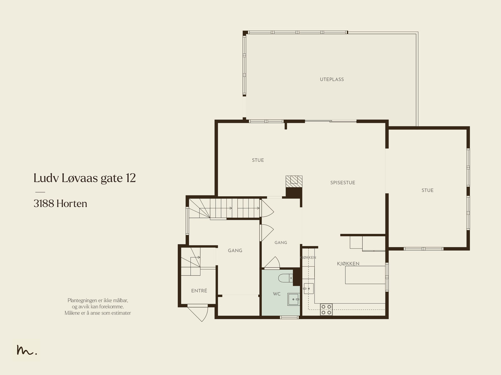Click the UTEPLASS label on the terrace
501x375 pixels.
point(332,80)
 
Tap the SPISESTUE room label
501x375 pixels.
point(343,182)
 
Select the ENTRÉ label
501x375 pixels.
point(199,290)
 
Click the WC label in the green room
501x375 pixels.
point(276,294)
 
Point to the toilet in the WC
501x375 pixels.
point(285,278)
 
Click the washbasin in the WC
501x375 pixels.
point(293,299)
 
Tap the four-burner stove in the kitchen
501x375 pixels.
point(326,310)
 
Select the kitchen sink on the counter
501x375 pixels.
point(308,289)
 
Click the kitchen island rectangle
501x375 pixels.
point(365,275)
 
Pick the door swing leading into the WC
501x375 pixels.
point(272,262)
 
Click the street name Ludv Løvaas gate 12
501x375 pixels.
point(85,178)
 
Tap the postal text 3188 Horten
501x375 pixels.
point(60,203)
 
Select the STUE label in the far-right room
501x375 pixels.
point(427,190)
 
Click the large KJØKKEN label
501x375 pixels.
point(348,264)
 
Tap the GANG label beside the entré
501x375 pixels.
point(235,250)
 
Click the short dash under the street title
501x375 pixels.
point(40,192)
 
